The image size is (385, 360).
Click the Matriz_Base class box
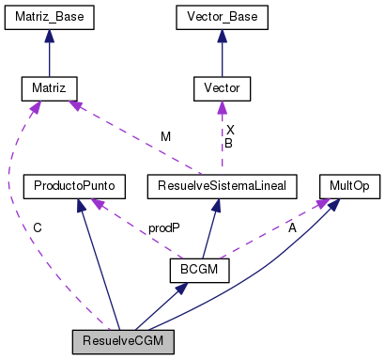(x=49, y=17)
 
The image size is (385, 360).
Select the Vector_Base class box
(x=222, y=17)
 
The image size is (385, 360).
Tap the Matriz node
(x=49, y=89)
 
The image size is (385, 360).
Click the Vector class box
(x=222, y=89)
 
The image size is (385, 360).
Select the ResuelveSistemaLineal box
(x=222, y=186)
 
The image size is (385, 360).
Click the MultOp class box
(x=347, y=186)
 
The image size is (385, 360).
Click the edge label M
(x=166, y=136)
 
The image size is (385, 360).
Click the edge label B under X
(x=228, y=143)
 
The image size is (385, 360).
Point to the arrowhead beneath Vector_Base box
(x=222, y=36)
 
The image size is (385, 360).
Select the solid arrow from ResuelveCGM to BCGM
(x=160, y=305)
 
